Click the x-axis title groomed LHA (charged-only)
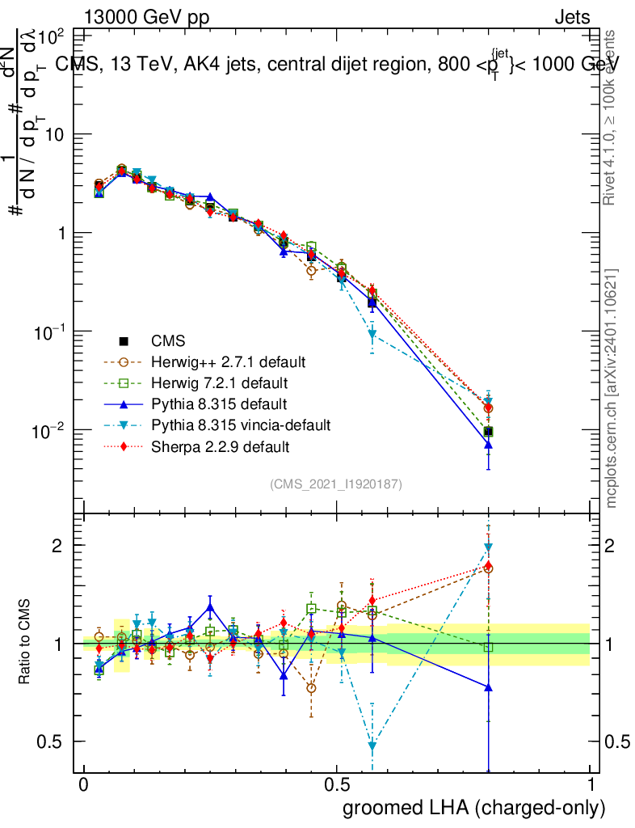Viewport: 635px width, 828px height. pos(475,808)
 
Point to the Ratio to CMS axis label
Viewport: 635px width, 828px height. pos(25,642)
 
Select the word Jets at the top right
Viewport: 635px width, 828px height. pos(571,17)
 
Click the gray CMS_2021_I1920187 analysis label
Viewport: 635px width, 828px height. pos(336,484)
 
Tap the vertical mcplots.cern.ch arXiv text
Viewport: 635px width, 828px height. pos(612,387)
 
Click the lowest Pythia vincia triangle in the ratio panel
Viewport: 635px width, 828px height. pos(372,745)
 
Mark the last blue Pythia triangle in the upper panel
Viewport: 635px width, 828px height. pos(489,444)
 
